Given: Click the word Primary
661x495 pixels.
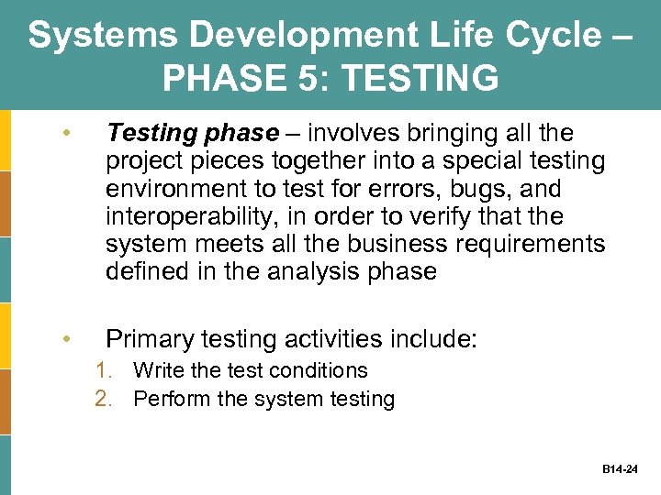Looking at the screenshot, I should tap(151, 340).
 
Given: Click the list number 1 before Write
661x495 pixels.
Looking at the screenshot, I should tap(103, 371).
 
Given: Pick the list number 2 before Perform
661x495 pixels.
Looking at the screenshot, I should tap(103, 400).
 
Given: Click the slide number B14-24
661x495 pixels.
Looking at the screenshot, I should tap(621, 469).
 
